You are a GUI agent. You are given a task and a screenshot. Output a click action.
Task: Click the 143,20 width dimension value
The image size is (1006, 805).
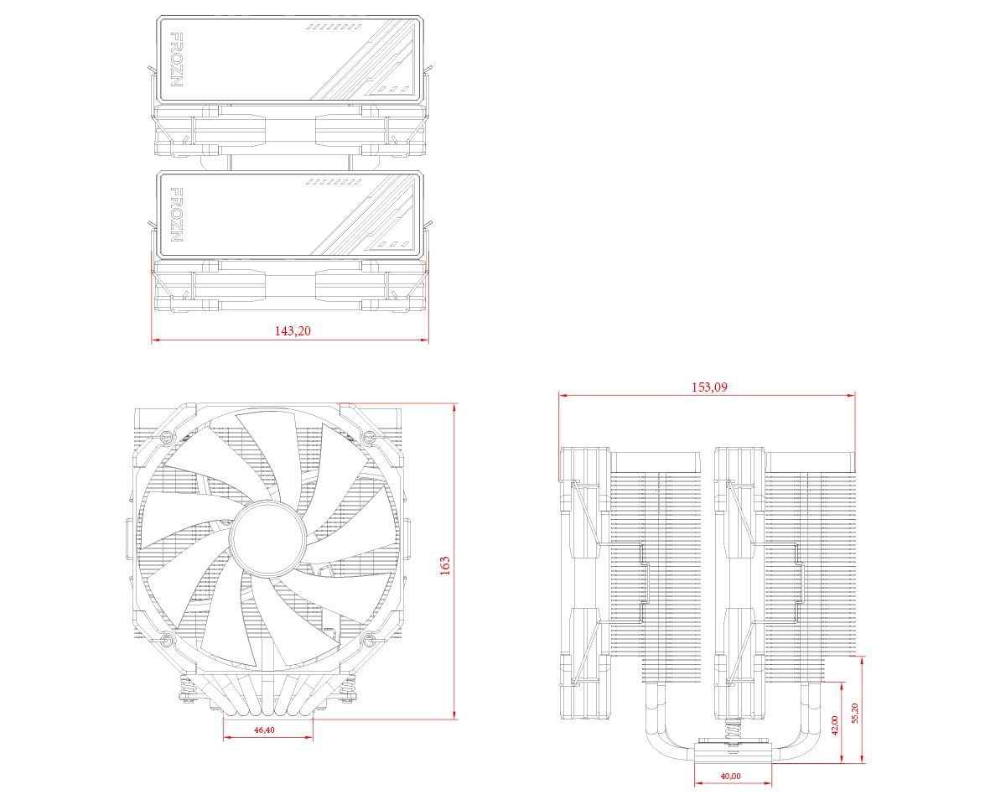pos(293,331)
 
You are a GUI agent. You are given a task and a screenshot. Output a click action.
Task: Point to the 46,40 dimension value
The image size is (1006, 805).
pos(263,730)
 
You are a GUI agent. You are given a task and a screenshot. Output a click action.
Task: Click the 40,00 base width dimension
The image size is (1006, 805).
pos(730,776)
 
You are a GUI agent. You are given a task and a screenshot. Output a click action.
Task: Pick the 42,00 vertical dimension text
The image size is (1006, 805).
pos(834,725)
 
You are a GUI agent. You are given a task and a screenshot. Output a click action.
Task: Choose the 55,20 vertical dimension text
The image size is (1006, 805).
pos(855,714)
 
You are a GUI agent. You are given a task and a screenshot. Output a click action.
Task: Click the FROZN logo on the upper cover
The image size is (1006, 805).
pos(176,60)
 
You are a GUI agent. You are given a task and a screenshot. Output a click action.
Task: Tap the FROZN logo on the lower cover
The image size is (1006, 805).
pos(176,215)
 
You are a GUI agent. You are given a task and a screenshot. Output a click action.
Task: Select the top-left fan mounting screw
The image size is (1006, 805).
pos(166,437)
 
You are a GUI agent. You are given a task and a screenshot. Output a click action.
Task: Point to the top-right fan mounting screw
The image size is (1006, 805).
pos(367,435)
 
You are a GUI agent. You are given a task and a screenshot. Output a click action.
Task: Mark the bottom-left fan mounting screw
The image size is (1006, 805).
pos(166,642)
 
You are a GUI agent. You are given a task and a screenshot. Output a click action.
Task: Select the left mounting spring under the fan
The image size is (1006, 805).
pos(189,693)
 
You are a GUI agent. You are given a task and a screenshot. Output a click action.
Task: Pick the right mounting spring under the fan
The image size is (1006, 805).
pos(345,693)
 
